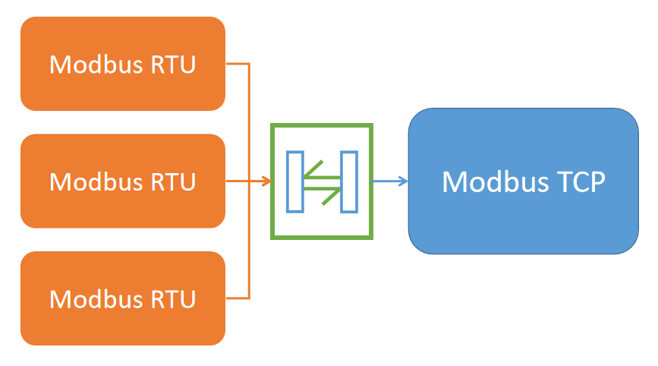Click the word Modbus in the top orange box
(x=95, y=65)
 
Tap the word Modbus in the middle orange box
(x=95, y=181)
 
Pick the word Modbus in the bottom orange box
(x=95, y=298)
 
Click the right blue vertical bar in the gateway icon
(x=349, y=181)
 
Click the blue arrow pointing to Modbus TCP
(x=391, y=181)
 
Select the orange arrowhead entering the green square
(x=266, y=181)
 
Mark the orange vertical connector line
(x=249, y=121)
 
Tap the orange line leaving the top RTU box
(x=238, y=64)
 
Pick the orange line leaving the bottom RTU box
(x=238, y=298)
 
